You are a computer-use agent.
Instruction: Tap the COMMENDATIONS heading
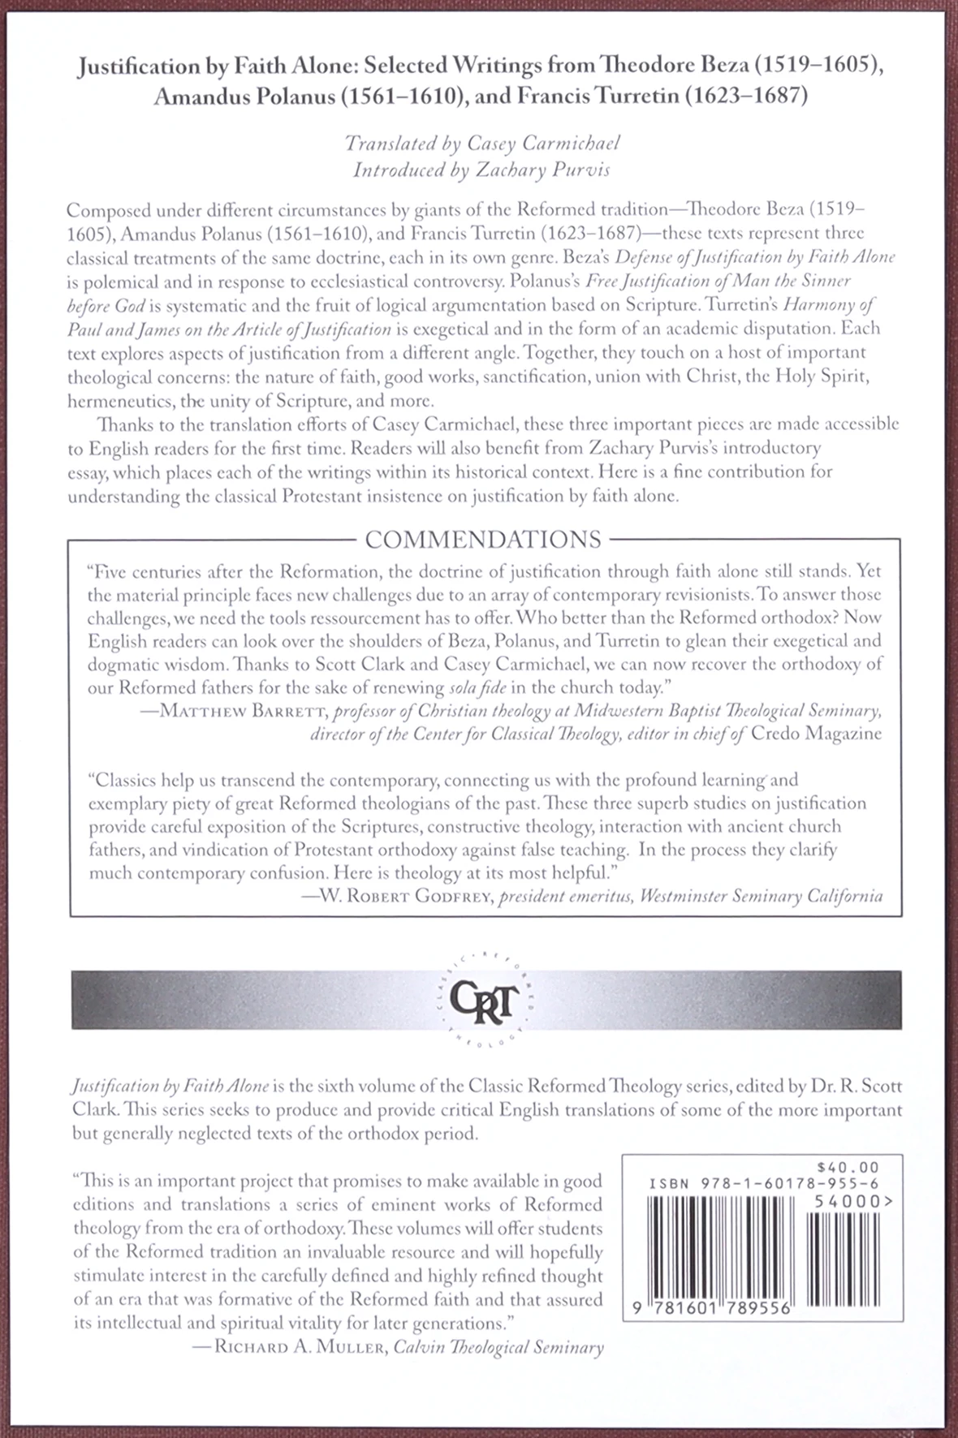click(x=483, y=540)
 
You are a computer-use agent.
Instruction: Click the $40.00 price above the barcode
click(x=853, y=1165)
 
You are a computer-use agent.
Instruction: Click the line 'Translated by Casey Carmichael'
click(x=482, y=144)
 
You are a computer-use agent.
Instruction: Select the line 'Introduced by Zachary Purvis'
click(x=482, y=170)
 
